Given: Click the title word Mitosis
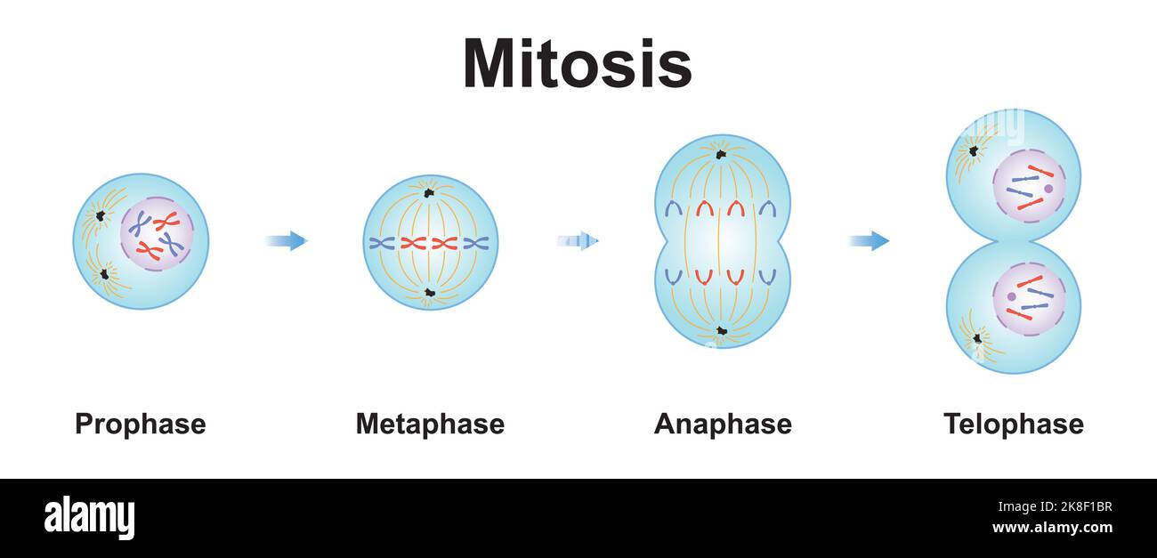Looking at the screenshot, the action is coord(578,63).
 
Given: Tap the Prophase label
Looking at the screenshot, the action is coord(141,425).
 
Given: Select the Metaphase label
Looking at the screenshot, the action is coord(430,425).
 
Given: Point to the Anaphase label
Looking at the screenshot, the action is coord(723,425).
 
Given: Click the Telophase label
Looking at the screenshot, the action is coord(1014,425).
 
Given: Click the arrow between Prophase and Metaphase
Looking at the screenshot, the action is coord(287,241).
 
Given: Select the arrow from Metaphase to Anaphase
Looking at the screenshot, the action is coord(578,241).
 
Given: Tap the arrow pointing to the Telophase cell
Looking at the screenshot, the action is coord(869,241).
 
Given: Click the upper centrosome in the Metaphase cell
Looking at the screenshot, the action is coord(429,193).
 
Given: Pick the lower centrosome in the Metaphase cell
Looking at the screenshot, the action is coord(429,293).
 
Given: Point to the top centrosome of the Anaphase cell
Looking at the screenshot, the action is coord(720,154).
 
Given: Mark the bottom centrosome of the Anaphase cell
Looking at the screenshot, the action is coord(722,330).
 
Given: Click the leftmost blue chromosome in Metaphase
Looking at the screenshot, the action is coord(382,243).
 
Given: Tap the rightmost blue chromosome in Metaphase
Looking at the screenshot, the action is coord(476,243).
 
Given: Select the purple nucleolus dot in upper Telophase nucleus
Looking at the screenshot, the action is coord(1048,189).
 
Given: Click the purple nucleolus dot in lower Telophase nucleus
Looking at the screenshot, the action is coord(1011,296).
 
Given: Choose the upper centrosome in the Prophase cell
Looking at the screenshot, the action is coord(101,215).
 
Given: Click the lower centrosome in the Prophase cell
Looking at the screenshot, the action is coord(104,274).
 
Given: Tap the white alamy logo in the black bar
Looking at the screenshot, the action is coord(89,517).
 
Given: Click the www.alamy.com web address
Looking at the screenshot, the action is coord(1052,528).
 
